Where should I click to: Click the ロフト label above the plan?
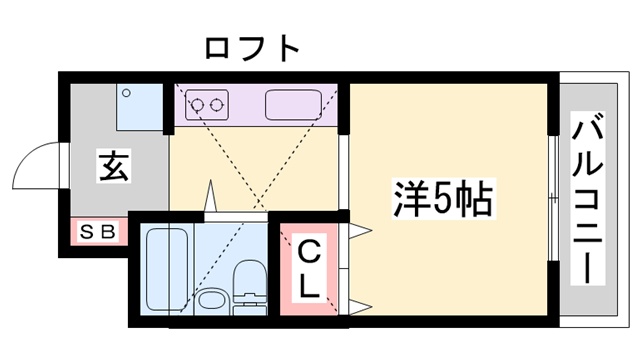(251, 47)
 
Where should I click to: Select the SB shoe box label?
(98, 232)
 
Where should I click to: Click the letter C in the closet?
(310, 250)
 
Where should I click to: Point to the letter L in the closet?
(310, 287)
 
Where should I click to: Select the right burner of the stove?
(217, 103)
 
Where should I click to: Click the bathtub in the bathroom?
(164, 268)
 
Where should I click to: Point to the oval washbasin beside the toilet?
(210, 299)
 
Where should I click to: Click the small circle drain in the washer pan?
(126, 93)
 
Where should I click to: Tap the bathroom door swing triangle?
(211, 198)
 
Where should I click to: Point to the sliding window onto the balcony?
(552, 200)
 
